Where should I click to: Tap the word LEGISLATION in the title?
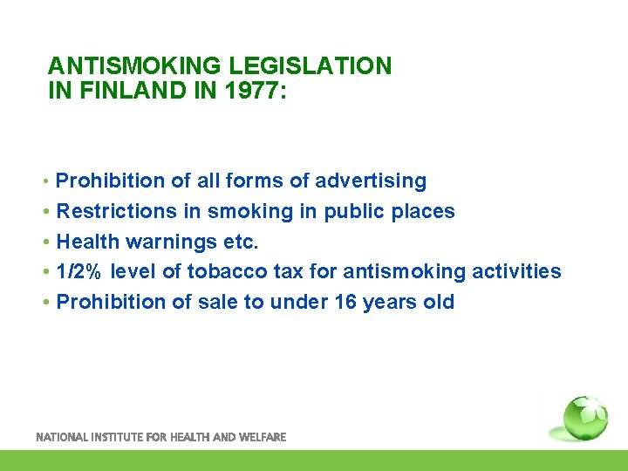click(x=310, y=66)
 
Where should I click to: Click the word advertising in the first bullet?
click(x=371, y=181)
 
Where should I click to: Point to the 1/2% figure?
click(x=78, y=271)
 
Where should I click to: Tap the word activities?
click(x=516, y=271)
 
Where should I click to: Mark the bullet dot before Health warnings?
click(x=47, y=242)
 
